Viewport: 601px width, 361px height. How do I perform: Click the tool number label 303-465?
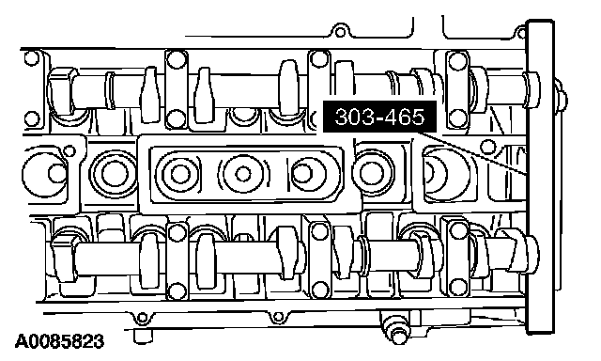379,117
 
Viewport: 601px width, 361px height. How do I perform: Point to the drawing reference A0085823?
60,341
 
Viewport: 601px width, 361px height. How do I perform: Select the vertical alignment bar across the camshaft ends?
541,177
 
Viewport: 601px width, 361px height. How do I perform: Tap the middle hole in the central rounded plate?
242,174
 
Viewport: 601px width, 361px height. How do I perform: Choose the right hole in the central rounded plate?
303,174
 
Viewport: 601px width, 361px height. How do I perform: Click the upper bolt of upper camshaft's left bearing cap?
177,59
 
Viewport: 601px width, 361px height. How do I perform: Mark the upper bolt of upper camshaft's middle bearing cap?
318,59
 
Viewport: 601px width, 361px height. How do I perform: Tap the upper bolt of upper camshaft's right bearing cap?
458,60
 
